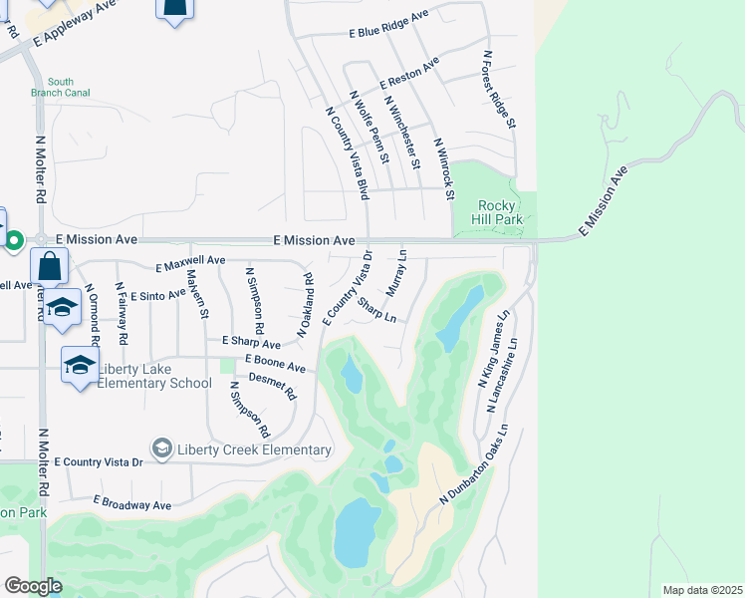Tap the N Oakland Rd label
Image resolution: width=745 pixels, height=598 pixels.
click(x=306, y=305)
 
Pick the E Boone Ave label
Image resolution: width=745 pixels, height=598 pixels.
click(x=275, y=366)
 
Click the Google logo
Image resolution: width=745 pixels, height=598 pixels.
click(x=32, y=586)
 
